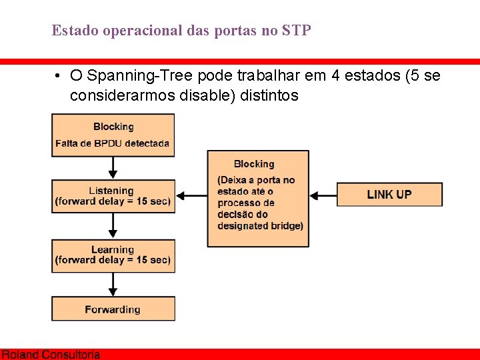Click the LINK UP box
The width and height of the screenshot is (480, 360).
pyautogui.click(x=389, y=195)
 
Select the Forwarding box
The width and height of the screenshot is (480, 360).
pyautogui.click(x=113, y=309)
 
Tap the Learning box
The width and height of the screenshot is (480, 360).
pyautogui.click(x=113, y=255)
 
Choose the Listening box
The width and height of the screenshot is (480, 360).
pyautogui.click(x=113, y=196)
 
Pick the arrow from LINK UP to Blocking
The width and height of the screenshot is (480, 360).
pyautogui.click(x=323, y=195)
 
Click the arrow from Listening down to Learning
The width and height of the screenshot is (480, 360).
pyautogui.click(x=113, y=226)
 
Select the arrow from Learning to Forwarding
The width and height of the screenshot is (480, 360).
pyautogui.click(x=113, y=284)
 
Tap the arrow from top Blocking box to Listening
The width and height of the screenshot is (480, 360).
pyautogui.click(x=113, y=168)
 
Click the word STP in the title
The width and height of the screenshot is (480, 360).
pyautogui.click(x=297, y=31)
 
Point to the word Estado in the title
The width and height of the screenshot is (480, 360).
pyautogui.click(x=73, y=31)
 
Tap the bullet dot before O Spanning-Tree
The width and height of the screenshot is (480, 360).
pyautogui.click(x=59, y=76)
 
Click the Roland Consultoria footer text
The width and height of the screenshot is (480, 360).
pyautogui.click(x=51, y=355)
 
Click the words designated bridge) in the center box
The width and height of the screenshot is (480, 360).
pyautogui.click(x=260, y=226)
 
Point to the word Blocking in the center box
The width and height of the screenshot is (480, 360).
pyautogui.click(x=254, y=164)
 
